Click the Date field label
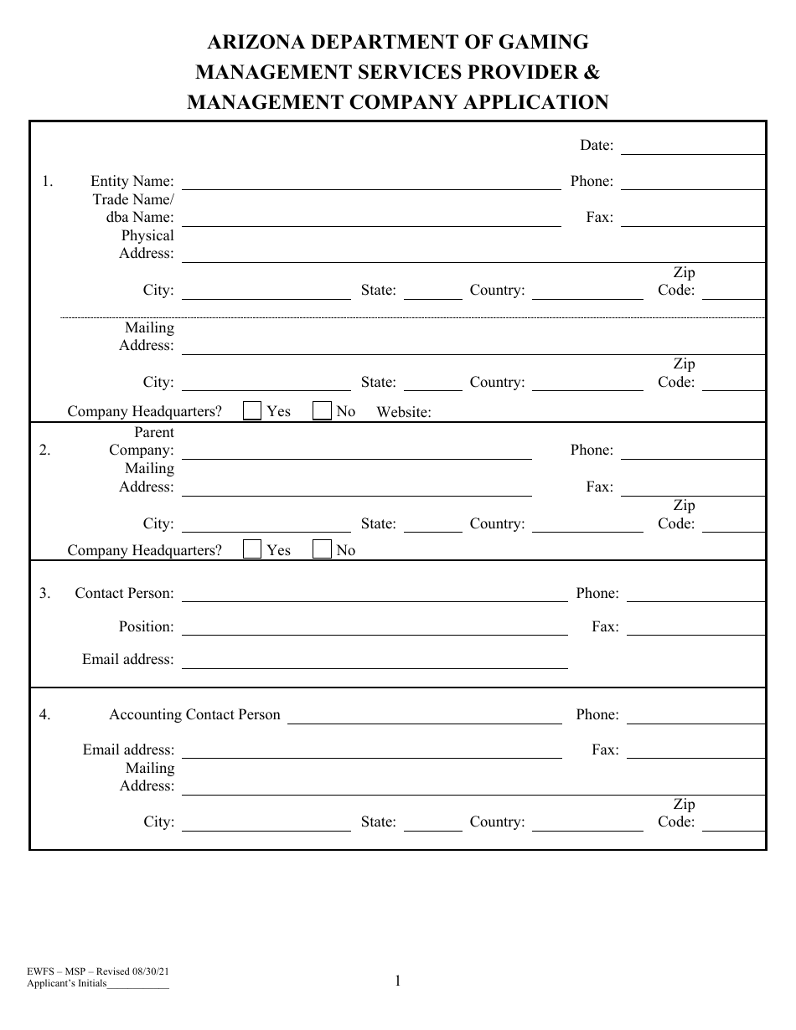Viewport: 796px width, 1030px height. [597, 146]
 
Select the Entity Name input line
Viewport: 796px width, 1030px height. [371, 183]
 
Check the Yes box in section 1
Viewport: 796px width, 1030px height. [251, 410]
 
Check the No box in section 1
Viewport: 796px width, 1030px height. [322, 410]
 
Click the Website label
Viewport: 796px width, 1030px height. [404, 412]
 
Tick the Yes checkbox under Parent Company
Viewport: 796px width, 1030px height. [251, 549]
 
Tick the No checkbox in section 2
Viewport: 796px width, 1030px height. [322, 549]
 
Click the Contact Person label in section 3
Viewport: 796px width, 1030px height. [124, 593]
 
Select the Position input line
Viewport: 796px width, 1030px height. [375, 628]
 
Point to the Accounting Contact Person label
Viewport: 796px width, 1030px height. [194, 715]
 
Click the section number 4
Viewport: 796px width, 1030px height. [44, 715]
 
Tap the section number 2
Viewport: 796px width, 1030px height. [44, 451]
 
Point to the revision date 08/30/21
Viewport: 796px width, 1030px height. [154, 971]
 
